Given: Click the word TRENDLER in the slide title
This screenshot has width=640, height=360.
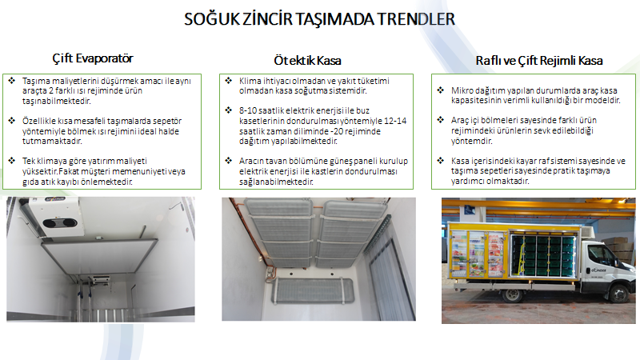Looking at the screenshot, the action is coord(415,19).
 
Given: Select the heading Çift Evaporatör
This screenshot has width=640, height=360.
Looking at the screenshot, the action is coord(93,58).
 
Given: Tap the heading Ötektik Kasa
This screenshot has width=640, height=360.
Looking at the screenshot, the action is coord(307,61).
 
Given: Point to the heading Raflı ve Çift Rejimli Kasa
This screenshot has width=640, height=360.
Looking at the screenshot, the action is coord(538,61).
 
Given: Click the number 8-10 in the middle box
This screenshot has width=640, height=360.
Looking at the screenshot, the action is coord(249,110).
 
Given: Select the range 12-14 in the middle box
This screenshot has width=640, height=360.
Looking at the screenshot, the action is coord(395,121).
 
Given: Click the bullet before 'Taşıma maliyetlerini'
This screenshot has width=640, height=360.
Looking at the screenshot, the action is coord(12,81).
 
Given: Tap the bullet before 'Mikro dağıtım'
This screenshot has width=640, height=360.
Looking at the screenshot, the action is coord(441,90).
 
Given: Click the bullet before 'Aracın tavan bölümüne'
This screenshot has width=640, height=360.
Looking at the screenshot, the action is coord(229,161).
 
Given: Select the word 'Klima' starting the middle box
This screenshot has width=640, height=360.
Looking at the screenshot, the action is coord(249,81).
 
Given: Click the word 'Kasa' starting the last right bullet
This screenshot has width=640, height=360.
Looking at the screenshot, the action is coord(459,161).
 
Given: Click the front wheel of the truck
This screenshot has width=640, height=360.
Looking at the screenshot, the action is coord(619,293).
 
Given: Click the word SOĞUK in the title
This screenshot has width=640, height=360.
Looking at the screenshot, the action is coord(211,19).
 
